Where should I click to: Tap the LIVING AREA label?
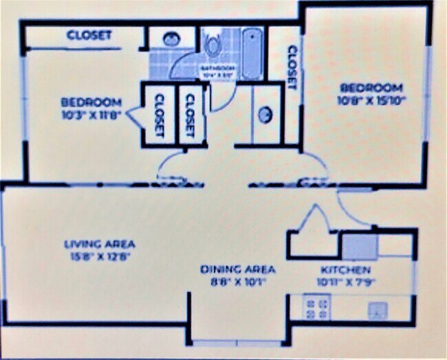click(x=100, y=244)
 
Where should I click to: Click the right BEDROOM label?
click(x=371, y=87)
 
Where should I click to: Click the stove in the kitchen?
click(x=317, y=306)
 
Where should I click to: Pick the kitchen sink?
click(x=375, y=309)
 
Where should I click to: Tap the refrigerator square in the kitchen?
click(x=360, y=245)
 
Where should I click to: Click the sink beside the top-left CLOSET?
click(x=168, y=39)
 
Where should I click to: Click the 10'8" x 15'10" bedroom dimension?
click(x=371, y=100)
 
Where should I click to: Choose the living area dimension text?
click(x=100, y=256)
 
